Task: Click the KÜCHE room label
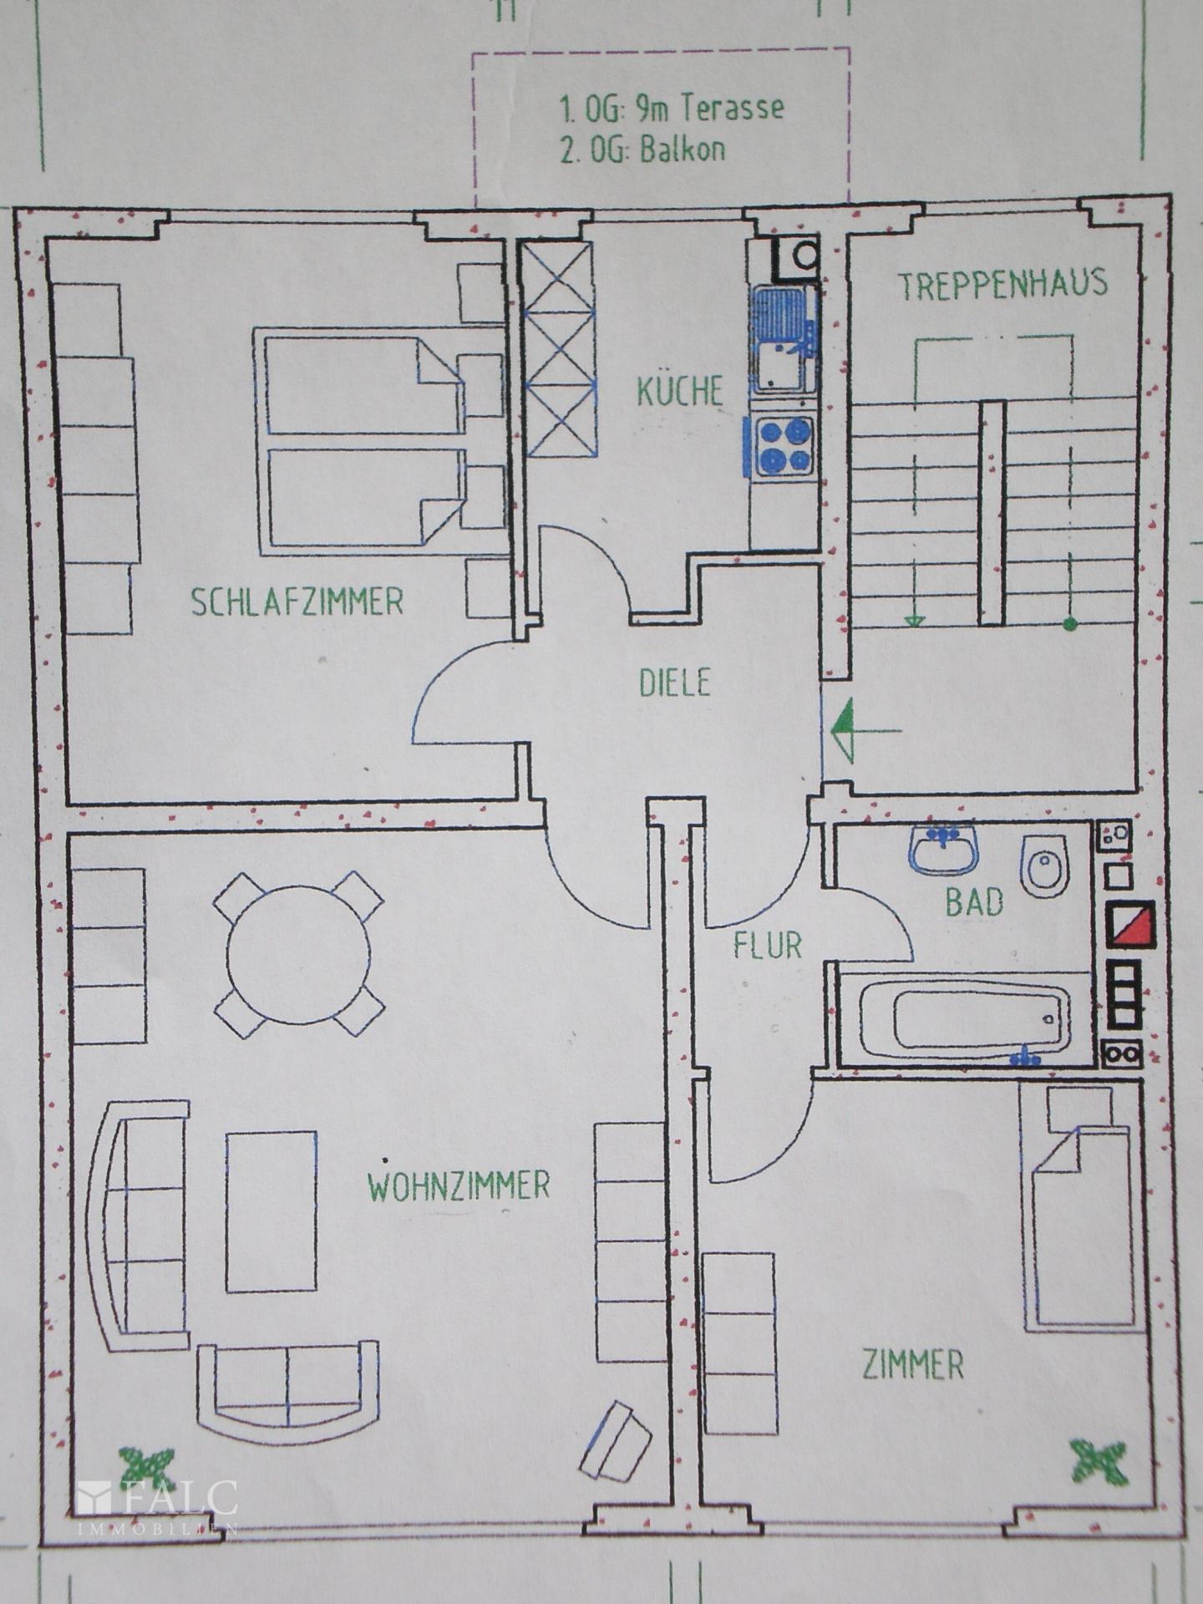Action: (x=679, y=392)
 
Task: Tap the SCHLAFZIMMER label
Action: (x=297, y=601)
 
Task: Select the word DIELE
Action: (x=674, y=683)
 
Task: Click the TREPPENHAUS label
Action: (x=1002, y=285)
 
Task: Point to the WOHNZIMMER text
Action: (x=459, y=1185)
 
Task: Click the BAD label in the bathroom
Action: (x=973, y=902)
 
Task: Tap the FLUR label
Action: (x=767, y=946)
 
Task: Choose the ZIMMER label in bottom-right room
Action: (x=912, y=1365)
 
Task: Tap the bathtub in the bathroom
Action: (x=965, y=1019)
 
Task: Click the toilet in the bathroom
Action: (x=1043, y=865)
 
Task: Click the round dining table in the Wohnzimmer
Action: (x=298, y=954)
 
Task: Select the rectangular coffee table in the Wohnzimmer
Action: (x=272, y=1211)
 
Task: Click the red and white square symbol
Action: (x=1129, y=925)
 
